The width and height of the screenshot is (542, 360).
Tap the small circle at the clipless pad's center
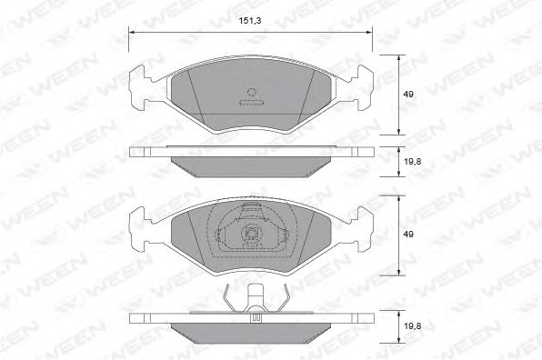252,93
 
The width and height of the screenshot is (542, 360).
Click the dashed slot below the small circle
252,102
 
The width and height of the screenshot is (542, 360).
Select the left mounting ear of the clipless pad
142,87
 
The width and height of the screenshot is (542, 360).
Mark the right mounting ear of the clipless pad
361,87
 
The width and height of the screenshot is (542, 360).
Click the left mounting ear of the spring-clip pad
142,227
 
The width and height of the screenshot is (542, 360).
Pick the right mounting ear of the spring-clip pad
361,227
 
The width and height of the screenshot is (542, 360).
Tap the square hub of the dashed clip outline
247,235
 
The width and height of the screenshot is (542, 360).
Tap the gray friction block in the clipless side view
252,165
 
